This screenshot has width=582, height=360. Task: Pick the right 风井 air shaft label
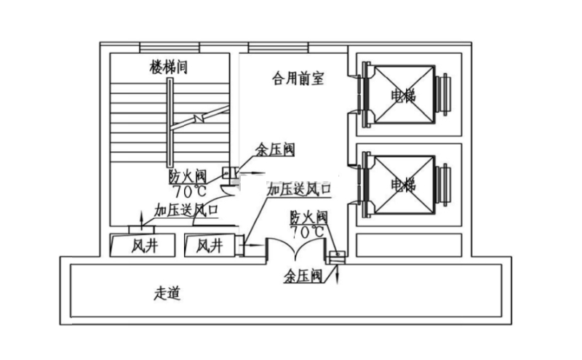click(x=209, y=247)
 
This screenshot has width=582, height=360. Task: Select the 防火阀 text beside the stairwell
click(x=188, y=177)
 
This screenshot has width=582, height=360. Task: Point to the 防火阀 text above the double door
click(x=308, y=217)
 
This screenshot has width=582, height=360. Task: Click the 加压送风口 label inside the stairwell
click(x=186, y=210)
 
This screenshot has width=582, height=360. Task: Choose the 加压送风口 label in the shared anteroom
click(x=299, y=189)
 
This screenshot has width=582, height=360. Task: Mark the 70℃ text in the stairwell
click(x=189, y=191)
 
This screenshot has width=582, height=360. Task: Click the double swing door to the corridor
click(x=295, y=250)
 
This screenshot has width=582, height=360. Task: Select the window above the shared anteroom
click(x=279, y=47)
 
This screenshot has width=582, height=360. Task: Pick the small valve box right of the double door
click(x=336, y=256)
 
